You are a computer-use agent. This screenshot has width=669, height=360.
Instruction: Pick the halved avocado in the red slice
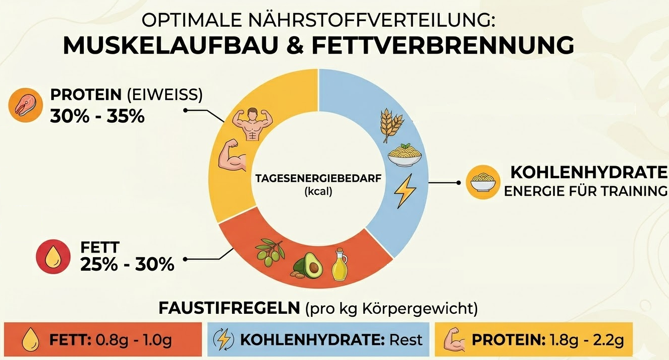point(308,266)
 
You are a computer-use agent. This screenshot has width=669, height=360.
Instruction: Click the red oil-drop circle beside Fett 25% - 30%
point(54,257)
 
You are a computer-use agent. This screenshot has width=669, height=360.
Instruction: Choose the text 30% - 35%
point(97,116)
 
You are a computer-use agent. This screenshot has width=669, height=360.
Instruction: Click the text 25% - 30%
point(127,264)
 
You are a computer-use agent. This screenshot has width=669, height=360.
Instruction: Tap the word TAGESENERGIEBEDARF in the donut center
point(318,179)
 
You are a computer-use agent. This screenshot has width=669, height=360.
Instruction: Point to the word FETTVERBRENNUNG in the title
point(443,46)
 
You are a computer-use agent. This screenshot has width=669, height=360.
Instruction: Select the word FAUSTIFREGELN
point(229,308)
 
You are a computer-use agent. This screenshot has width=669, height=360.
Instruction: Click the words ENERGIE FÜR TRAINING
point(586,191)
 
